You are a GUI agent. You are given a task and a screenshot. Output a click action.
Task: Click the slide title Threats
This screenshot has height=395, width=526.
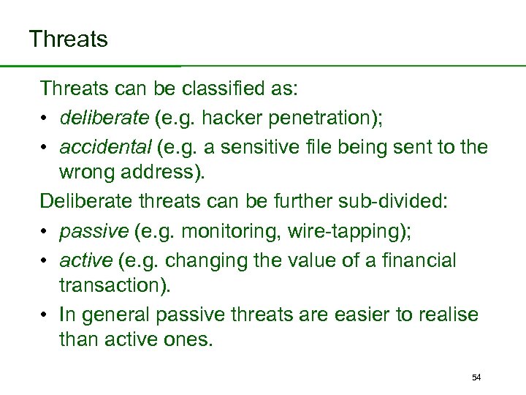[x=68, y=39]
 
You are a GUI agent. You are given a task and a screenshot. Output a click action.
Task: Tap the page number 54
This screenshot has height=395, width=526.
[x=476, y=377]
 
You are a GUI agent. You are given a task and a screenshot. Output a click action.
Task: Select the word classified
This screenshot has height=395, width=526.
[x=239, y=89]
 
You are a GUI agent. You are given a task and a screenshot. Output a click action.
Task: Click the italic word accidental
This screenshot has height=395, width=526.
[x=104, y=146]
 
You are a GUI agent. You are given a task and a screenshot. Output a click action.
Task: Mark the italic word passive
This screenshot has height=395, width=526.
[x=94, y=231]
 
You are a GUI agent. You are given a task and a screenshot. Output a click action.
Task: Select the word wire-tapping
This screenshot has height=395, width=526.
[x=348, y=231]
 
